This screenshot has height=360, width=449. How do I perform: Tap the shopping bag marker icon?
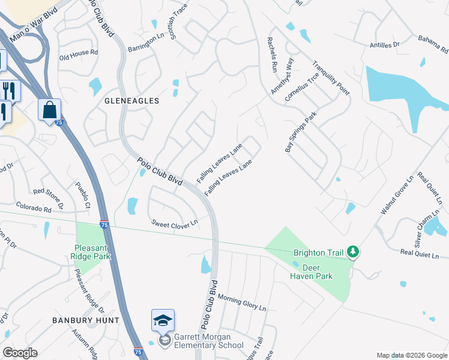49,110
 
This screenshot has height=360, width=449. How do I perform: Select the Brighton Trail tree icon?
354,253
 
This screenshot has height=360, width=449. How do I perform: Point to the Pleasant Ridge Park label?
93,253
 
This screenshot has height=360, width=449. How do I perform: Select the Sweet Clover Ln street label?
174,224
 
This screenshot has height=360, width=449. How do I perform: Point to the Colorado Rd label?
33,208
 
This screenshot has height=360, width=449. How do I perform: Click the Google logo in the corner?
20,352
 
